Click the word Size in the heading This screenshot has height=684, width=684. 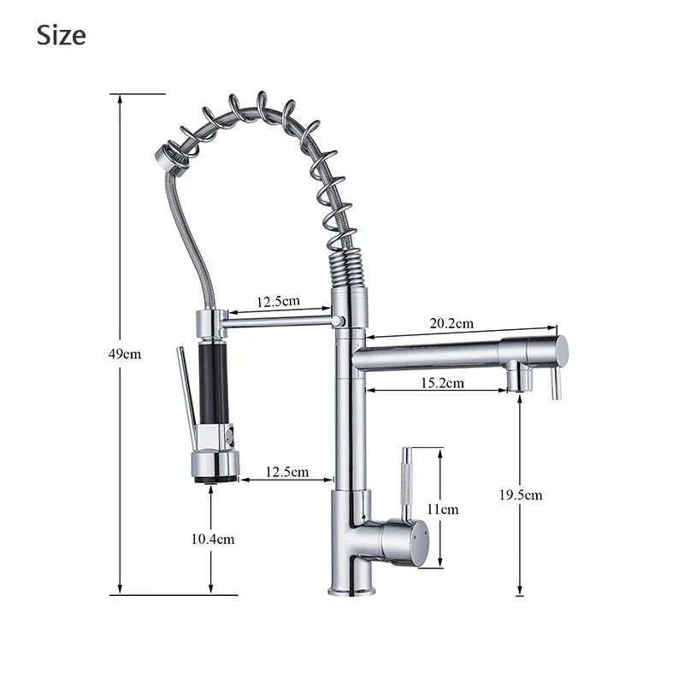(x=61, y=35)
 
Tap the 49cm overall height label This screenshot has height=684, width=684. (x=125, y=354)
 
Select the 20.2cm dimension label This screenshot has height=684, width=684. (x=451, y=323)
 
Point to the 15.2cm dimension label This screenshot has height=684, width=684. (x=443, y=383)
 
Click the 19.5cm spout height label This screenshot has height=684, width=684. (x=521, y=495)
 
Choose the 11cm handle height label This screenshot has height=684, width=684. (x=443, y=509)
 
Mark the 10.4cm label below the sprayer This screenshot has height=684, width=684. (x=212, y=539)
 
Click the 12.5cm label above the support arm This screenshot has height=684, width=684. (x=278, y=301)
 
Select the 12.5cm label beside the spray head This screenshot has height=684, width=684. (x=287, y=472)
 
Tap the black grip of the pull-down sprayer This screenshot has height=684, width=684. (x=214, y=381)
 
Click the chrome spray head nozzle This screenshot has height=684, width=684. (x=215, y=466)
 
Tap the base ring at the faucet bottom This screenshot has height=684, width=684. (x=351, y=590)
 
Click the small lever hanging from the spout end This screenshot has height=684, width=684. (x=556, y=382)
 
